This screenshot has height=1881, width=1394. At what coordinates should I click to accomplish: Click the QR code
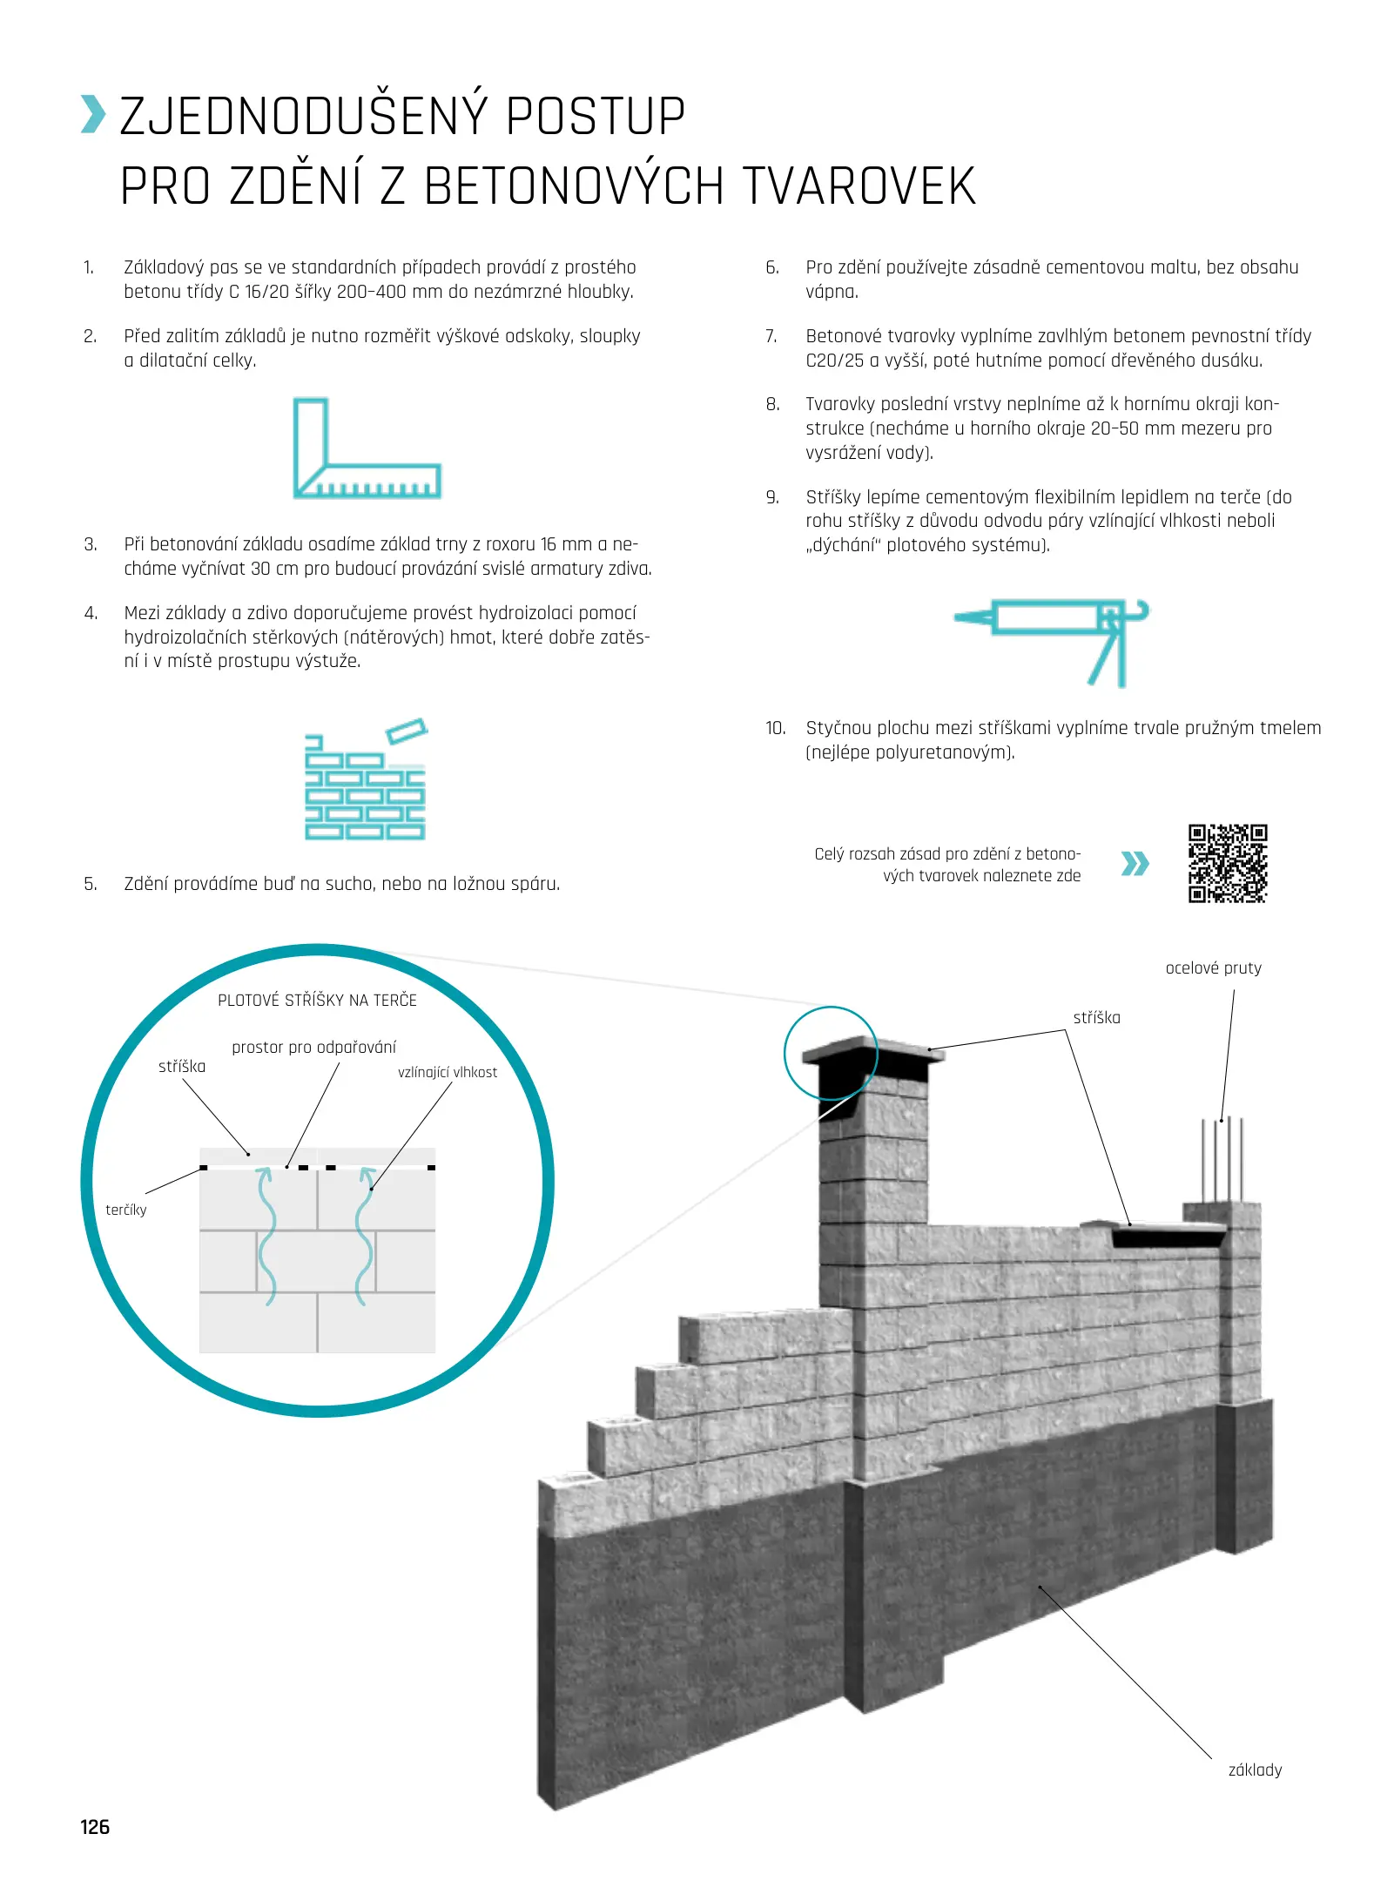(x=1228, y=863)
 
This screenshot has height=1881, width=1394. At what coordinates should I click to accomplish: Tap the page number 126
(x=95, y=1826)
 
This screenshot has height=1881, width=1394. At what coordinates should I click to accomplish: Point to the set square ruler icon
(x=366, y=448)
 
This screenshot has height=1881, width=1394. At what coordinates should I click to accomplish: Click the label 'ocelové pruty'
(x=1213, y=967)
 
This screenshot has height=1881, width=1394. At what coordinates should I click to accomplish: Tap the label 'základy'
(x=1255, y=1770)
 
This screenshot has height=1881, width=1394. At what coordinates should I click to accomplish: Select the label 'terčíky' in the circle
(x=126, y=1210)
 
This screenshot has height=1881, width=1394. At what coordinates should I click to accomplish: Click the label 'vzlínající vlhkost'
(x=448, y=1072)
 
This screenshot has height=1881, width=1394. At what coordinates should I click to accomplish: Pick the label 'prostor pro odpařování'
(x=313, y=1047)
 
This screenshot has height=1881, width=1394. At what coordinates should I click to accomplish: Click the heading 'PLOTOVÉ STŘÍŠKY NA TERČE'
(x=317, y=1000)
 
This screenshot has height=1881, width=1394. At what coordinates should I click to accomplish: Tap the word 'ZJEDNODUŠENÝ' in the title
(x=301, y=117)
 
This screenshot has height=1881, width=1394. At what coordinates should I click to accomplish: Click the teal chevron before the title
(x=93, y=115)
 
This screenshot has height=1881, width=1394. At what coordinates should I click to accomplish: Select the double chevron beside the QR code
(x=1135, y=863)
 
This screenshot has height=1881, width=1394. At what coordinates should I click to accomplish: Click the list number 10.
(x=775, y=728)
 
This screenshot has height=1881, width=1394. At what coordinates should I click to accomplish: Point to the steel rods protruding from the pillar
(x=1222, y=1158)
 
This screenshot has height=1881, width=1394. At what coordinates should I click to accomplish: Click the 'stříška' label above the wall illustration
(x=1096, y=1017)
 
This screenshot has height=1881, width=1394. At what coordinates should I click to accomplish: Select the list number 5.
(x=91, y=884)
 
